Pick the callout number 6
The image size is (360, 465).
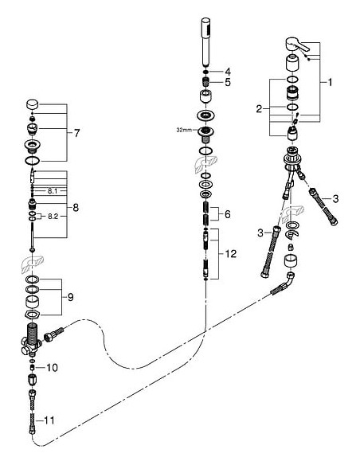click(228, 215)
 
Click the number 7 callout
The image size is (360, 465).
click(76, 133)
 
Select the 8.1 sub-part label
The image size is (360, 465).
click(52, 191)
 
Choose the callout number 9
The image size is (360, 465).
click(71, 296)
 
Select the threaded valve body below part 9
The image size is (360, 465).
click(31, 338)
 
